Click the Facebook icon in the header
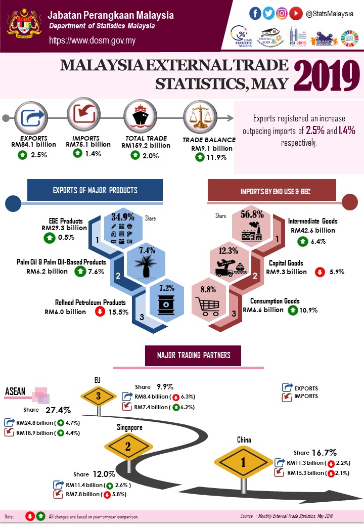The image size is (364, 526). pos(255,14)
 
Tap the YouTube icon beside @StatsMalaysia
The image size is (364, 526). pos(297,14)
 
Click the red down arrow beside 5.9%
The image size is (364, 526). pos(320,272)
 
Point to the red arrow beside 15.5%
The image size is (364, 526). pos(100,312)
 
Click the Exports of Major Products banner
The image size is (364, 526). pos(95,191)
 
